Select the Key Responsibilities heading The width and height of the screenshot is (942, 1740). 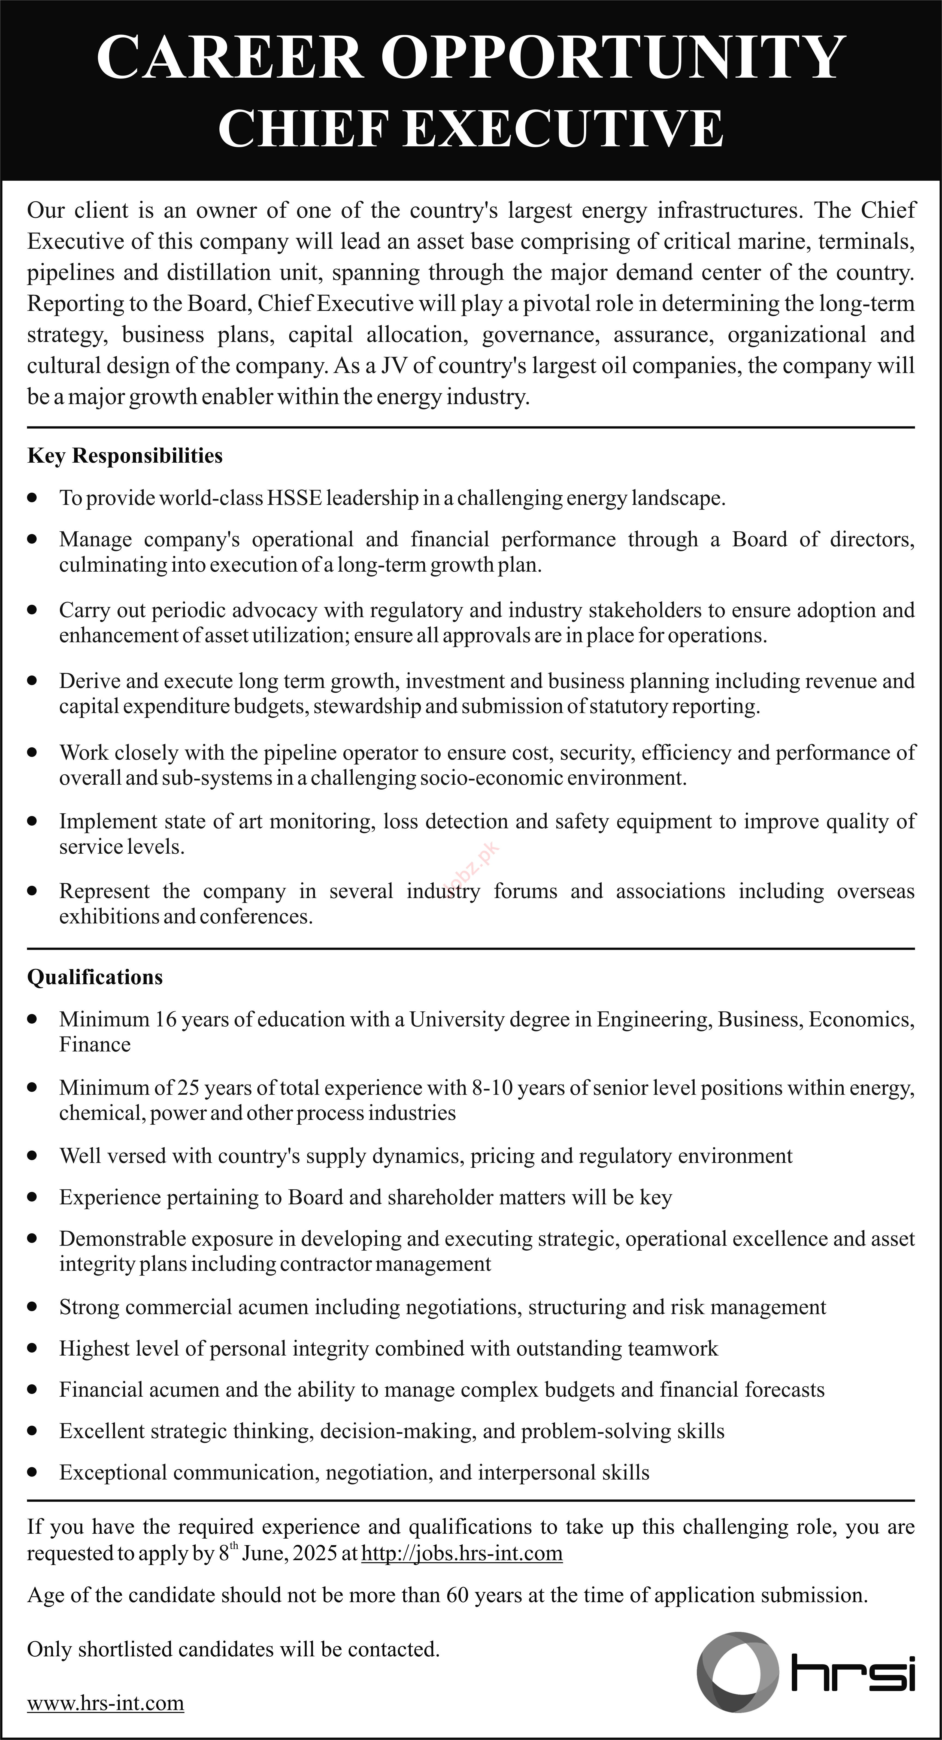(x=125, y=456)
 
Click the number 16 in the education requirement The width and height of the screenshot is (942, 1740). (x=166, y=1019)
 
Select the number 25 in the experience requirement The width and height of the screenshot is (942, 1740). (x=188, y=1087)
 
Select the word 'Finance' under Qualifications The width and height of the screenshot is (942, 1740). (x=95, y=1045)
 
